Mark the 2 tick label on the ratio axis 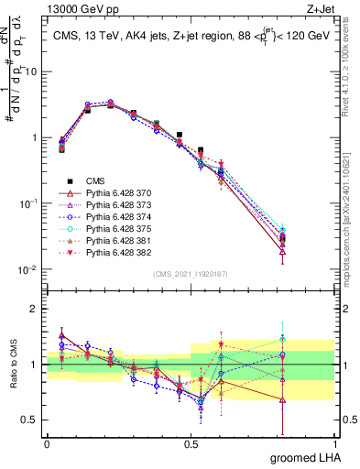pyautogui.click(x=35, y=309)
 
